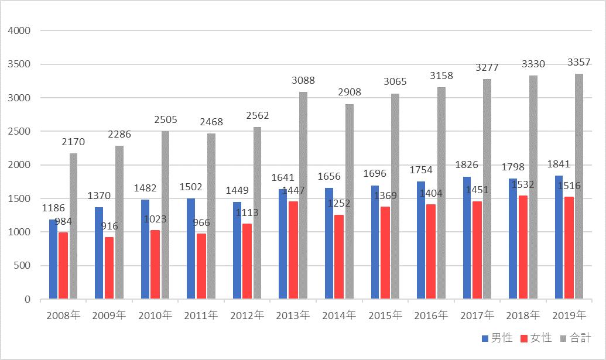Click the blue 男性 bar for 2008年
(53, 259)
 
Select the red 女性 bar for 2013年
(293, 251)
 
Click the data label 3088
(303, 80)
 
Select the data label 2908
(349, 92)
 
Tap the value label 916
(109, 226)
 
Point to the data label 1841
(559, 164)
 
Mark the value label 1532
(523, 185)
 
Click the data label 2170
(73, 141)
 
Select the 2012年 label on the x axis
(247, 316)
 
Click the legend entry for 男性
(497, 338)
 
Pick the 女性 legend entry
(537, 338)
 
